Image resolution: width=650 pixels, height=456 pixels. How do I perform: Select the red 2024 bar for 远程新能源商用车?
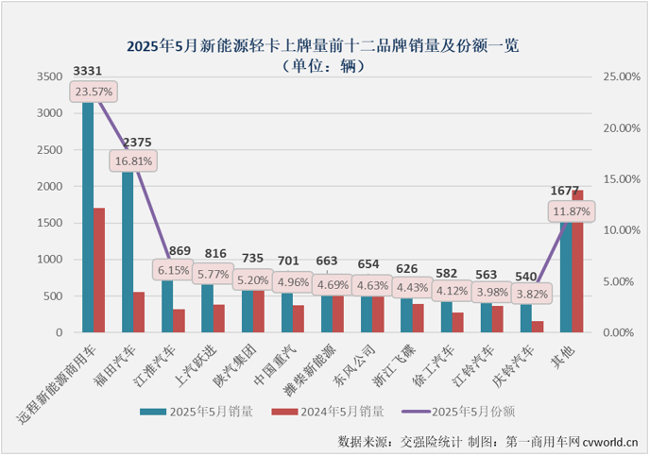tap(99, 269)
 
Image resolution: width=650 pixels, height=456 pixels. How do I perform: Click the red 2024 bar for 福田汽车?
tap(139, 312)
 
